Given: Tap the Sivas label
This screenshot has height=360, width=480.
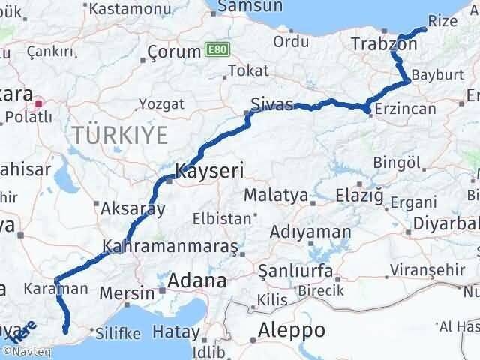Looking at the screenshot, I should tap(271, 105).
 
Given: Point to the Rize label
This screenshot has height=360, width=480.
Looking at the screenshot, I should tap(441, 21).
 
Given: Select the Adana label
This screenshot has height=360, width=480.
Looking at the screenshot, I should tap(196, 281).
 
